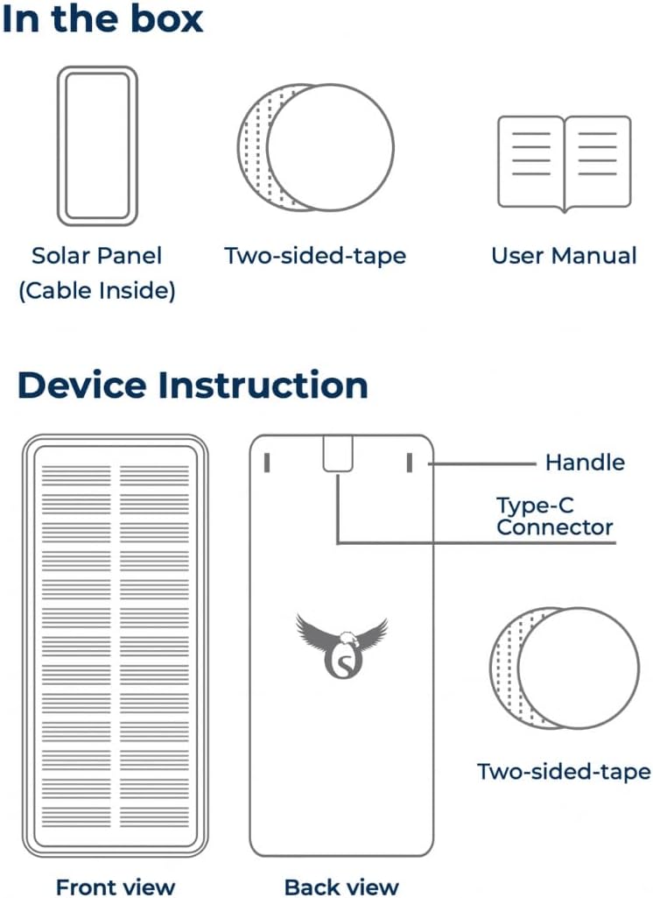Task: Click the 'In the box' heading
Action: tap(102, 19)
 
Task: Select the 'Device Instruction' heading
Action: tap(193, 385)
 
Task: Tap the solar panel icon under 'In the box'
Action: tap(97, 146)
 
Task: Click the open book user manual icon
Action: tap(564, 163)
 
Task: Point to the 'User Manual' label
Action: tap(564, 256)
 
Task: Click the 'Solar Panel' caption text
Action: tap(97, 256)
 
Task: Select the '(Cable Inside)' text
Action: tap(97, 291)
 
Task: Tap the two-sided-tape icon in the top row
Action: tap(315, 147)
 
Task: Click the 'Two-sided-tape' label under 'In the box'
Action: tap(315, 256)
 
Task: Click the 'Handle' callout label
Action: tap(585, 463)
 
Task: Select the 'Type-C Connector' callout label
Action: tap(554, 516)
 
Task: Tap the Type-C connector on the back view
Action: tap(337, 454)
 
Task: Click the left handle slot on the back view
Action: tap(266, 463)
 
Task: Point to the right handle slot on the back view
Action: tap(409, 463)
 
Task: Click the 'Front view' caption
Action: tap(116, 887)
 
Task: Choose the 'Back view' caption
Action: tap(341, 887)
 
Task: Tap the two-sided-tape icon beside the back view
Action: tap(565, 668)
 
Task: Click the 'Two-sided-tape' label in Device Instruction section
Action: tap(564, 772)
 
